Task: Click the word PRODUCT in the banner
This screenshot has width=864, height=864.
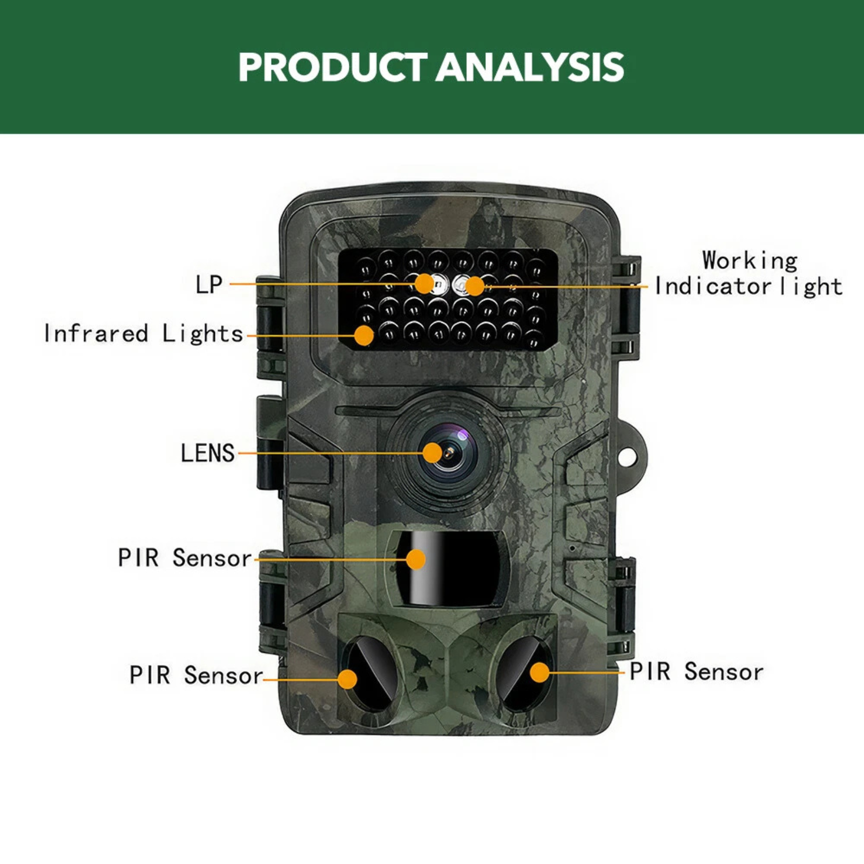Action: click(333, 67)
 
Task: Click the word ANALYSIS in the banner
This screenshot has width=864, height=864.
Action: click(530, 67)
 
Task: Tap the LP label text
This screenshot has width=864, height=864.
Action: click(209, 284)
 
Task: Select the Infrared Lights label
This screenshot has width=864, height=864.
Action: click(144, 334)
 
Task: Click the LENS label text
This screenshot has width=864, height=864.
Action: click(208, 453)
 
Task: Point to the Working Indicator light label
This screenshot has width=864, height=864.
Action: click(749, 274)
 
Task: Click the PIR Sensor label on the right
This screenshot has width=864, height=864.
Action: click(697, 672)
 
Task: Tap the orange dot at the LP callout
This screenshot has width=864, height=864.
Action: click(424, 283)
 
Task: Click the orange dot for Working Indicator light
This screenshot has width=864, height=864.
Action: click(475, 286)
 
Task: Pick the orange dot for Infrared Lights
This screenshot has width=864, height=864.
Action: click(364, 335)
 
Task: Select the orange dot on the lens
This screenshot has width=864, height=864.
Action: click(433, 453)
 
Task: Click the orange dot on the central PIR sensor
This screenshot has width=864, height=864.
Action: click(416, 559)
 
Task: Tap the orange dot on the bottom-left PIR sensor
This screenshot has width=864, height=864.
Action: click(348, 679)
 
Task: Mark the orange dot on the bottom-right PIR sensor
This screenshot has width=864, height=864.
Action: click(539, 673)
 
